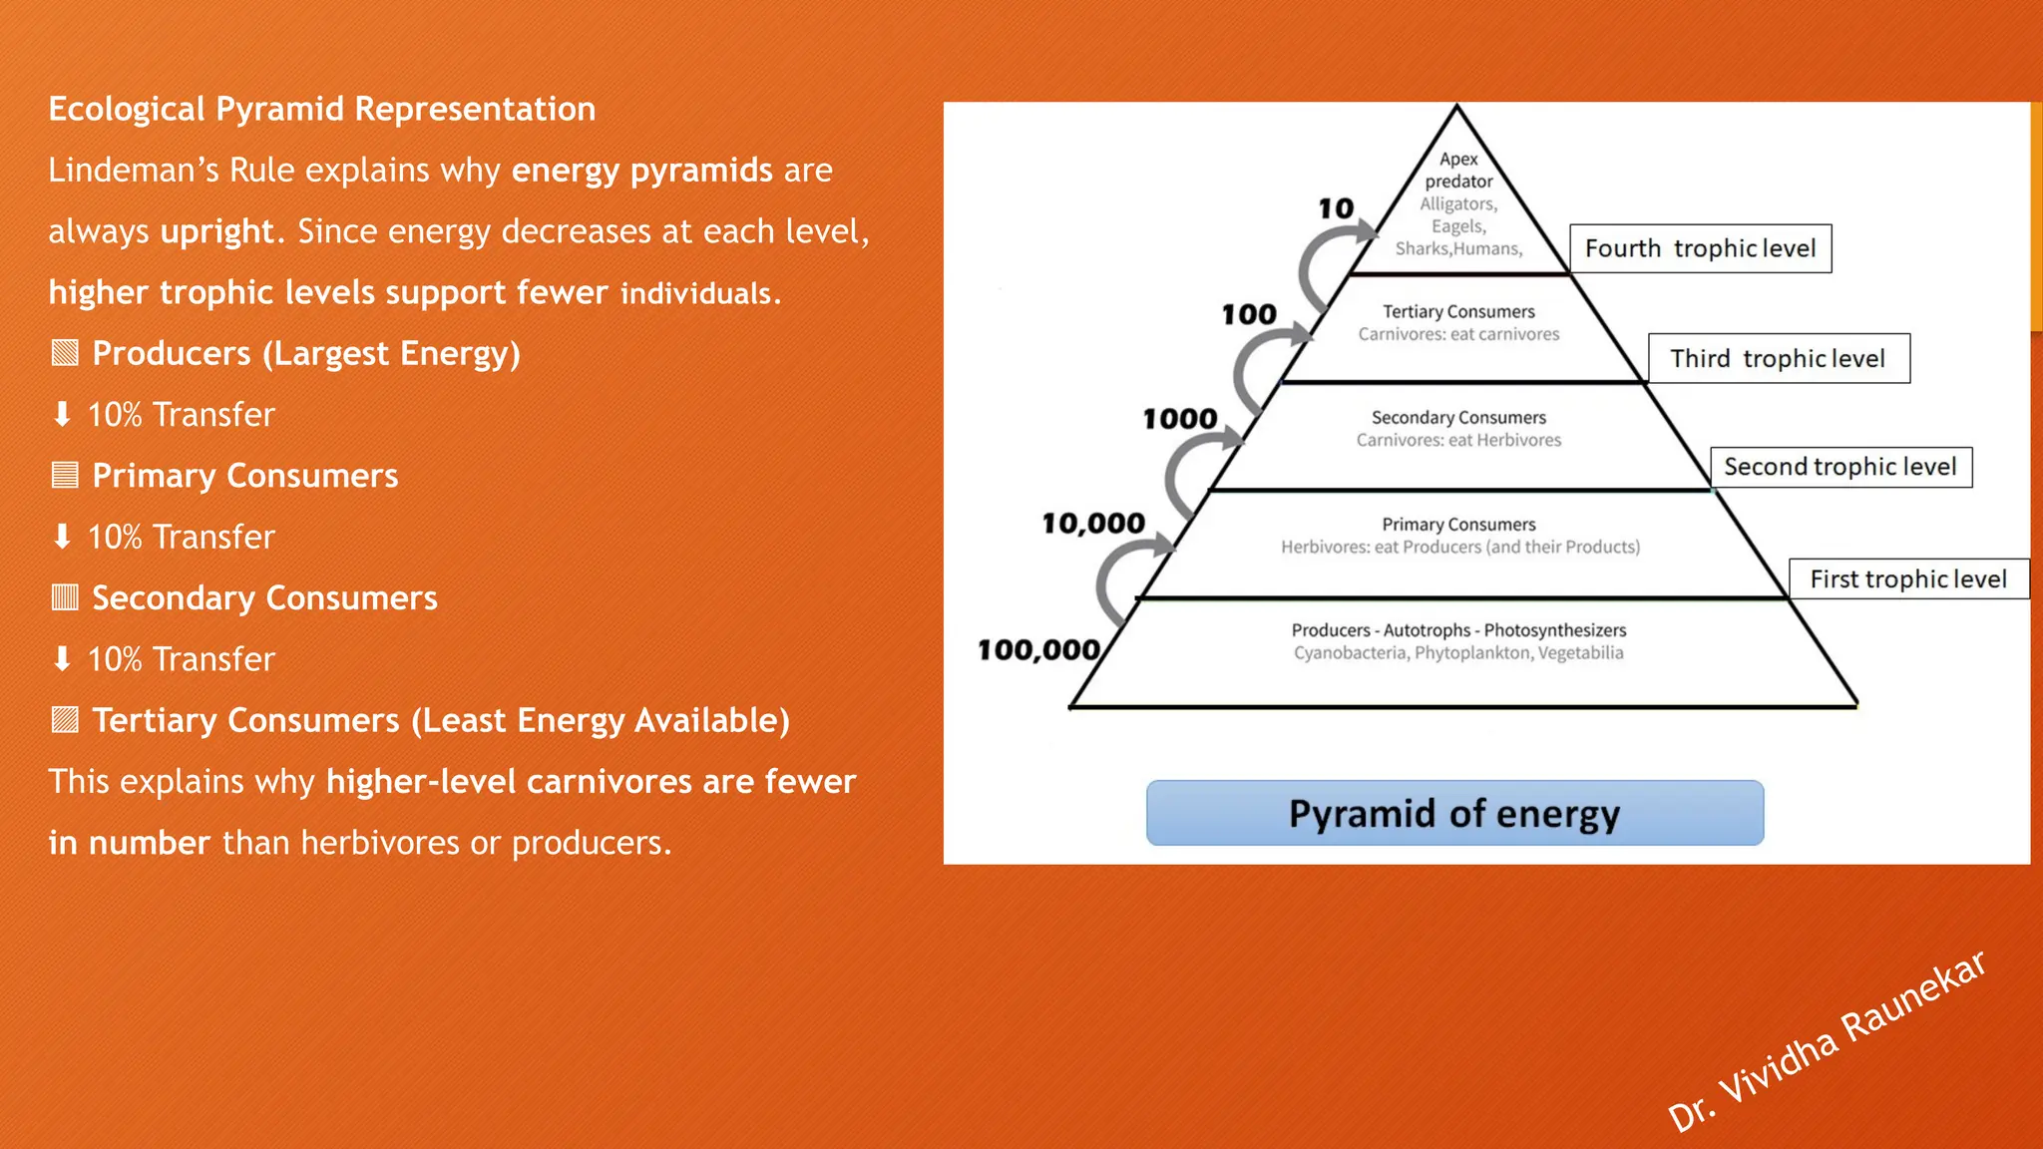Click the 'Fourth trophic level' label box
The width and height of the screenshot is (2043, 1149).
pos(1700,248)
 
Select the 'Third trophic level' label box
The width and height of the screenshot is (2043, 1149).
pos(1778,358)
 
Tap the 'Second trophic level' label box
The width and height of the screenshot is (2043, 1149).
pos(1840,467)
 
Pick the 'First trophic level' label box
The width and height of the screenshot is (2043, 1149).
pos(1907,579)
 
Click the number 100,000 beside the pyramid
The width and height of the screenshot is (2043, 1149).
pos(1038,650)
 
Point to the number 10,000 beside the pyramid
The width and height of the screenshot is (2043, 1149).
pos(1093,524)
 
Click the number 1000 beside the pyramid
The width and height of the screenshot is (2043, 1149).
pos(1180,419)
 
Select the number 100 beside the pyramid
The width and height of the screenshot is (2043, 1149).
pos(1249,315)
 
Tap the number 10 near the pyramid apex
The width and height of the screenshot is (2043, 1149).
pos(1336,208)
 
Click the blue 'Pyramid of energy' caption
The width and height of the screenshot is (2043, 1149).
pos(1454,813)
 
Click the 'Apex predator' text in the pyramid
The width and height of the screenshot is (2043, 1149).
pos(1458,170)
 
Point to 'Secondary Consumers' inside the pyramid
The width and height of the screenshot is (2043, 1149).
pos(1458,418)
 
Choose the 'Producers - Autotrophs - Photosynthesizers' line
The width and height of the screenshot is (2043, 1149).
pos(1458,630)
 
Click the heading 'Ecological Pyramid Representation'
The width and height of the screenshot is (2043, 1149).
pos(322,109)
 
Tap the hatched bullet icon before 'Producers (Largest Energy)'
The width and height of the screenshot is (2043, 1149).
pos(65,353)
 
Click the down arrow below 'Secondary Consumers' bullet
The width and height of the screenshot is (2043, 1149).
pos(62,658)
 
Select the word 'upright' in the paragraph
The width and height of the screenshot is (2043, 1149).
pos(216,231)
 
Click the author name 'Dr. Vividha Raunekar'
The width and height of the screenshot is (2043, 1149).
pos(1826,1042)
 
